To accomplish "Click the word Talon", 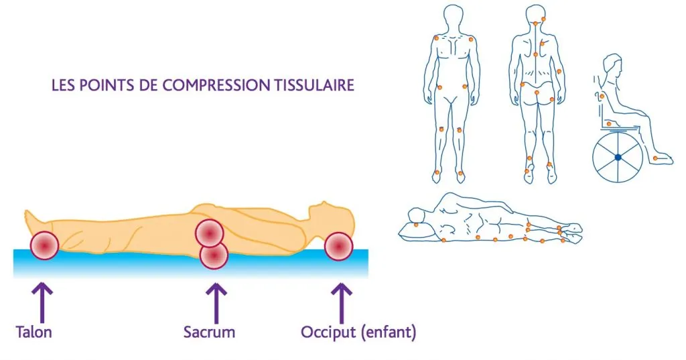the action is coord(33,332).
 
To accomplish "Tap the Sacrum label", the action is coord(209,332).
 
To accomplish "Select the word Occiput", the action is coord(328,332).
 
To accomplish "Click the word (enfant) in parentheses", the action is coord(389,332).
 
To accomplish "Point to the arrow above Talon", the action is coord(42,303).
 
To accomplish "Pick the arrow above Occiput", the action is coord(341,303).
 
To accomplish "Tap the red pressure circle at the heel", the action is coord(45,245).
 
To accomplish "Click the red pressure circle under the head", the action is coord(338,247).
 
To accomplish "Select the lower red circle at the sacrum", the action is coord(214,255).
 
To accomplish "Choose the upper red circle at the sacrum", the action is coord(210,233).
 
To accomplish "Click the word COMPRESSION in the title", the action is coord(216,85).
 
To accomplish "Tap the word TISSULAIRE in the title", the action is coord(314,85).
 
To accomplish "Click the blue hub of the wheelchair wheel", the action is coord(618,157).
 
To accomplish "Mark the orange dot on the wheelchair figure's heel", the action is coord(655,158).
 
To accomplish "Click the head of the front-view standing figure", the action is coord(454,17).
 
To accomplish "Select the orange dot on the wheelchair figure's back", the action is coord(602,97).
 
